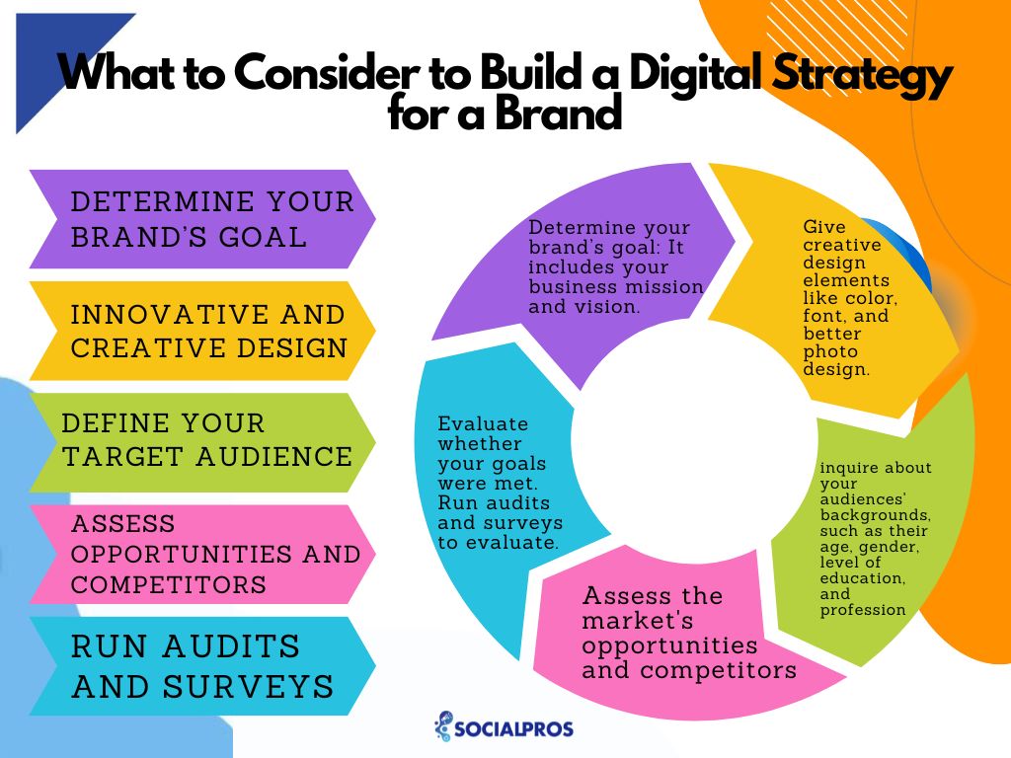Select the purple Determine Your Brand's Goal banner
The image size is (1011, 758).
(x=202, y=219)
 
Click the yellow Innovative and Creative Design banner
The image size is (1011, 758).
(x=202, y=331)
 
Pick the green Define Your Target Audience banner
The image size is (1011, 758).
(x=202, y=442)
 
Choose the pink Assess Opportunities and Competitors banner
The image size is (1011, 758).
(x=202, y=555)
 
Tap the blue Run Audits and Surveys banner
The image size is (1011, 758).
(x=202, y=666)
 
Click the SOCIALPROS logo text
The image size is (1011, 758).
(x=513, y=729)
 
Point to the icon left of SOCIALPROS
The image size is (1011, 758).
(x=443, y=726)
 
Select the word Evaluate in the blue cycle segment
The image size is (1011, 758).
(x=483, y=424)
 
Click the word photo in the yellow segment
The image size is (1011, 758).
(x=830, y=352)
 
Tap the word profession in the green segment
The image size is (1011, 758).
(x=863, y=610)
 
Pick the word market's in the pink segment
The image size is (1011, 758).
(x=638, y=621)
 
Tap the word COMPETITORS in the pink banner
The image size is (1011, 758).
(x=168, y=584)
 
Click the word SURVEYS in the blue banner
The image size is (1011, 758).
(x=248, y=687)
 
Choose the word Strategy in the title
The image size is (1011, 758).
(x=863, y=74)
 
